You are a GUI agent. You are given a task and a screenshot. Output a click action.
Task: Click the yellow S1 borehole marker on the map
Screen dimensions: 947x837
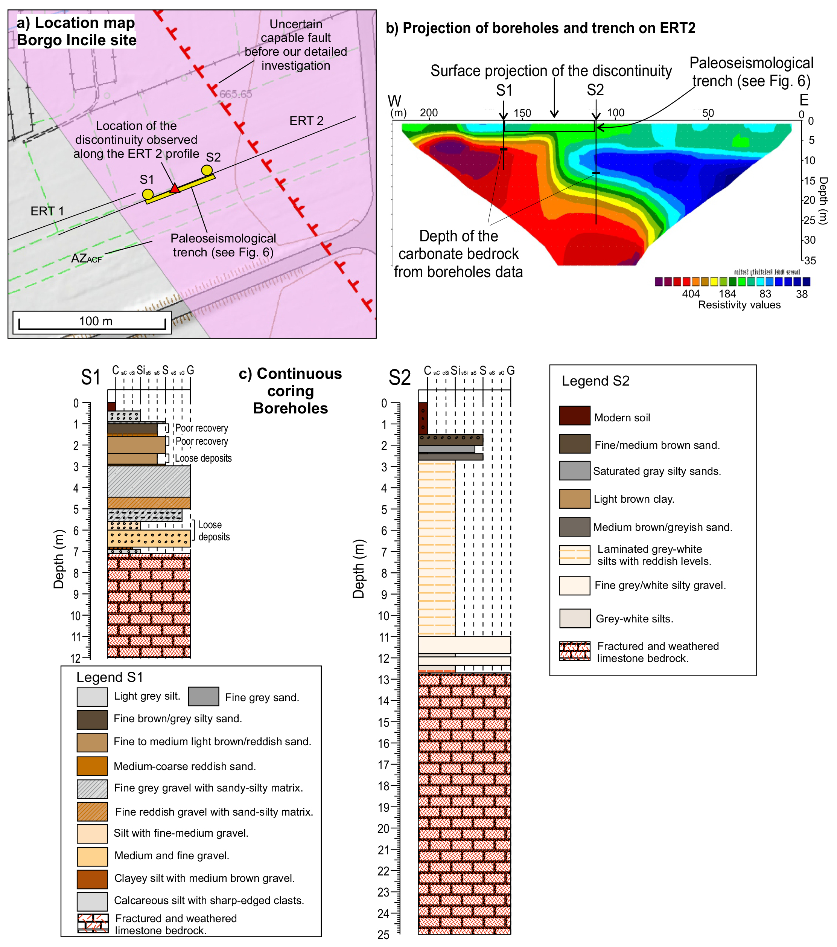coord(148,195)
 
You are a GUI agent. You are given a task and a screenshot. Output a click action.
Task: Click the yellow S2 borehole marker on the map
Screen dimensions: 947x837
coord(207,171)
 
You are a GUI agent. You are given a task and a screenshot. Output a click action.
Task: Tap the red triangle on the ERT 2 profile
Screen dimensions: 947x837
coord(175,189)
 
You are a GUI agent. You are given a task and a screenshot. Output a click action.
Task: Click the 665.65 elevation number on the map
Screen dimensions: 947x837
coord(235,94)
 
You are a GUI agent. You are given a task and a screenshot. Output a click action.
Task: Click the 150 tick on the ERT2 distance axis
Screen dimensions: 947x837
coord(522,113)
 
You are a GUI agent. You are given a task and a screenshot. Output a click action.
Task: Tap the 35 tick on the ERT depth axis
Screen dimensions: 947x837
coord(810,261)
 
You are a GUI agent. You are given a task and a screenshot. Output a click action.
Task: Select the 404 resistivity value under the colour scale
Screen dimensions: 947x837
coord(691,294)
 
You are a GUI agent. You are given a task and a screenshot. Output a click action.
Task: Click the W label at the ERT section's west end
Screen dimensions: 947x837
coord(394,101)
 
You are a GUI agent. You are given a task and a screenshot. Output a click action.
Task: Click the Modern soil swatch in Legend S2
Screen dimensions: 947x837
coord(574,416)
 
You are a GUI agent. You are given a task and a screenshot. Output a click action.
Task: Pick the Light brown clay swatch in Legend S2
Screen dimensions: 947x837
coord(574,499)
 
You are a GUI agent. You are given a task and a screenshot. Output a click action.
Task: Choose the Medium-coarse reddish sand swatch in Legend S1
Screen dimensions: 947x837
coord(92,766)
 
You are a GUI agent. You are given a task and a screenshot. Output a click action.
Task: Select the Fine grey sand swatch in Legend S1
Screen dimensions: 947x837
coord(204,696)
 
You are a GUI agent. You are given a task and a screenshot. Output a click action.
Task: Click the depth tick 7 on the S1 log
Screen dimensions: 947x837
coord(76,551)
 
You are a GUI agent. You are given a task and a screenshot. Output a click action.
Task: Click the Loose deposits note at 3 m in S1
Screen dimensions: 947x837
coord(203,458)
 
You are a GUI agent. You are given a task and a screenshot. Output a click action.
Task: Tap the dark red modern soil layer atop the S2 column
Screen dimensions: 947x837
coord(422,418)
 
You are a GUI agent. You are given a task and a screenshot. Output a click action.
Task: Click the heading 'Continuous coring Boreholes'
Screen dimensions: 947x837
coord(291,390)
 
